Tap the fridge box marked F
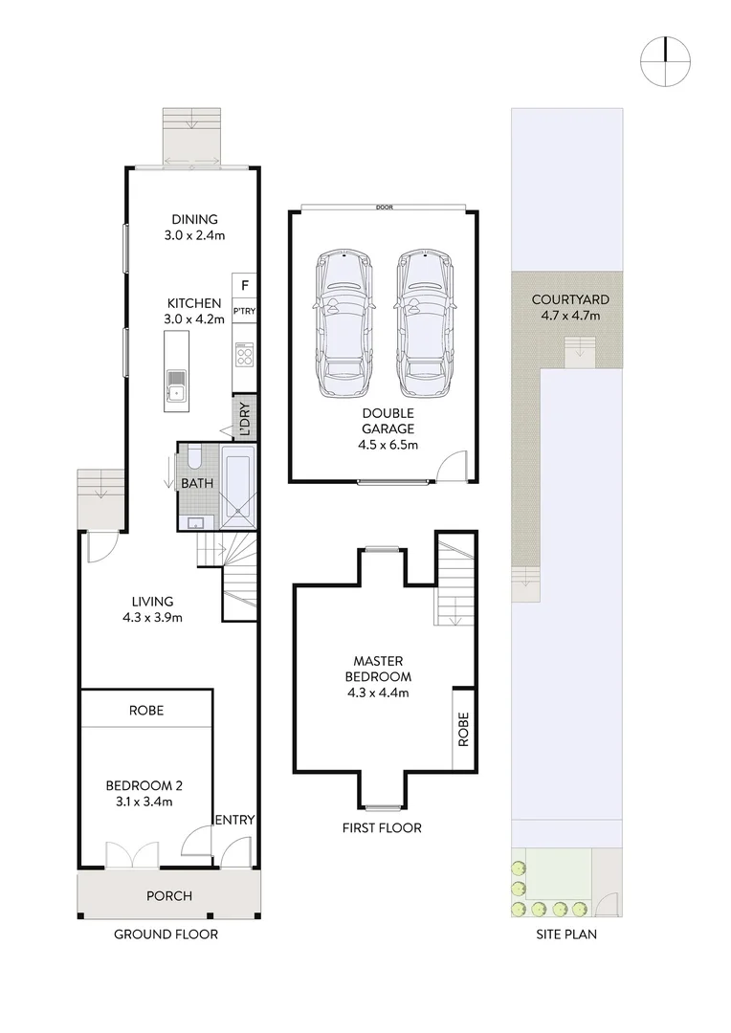[245, 285]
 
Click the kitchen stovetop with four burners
[245, 357]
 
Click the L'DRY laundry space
[245, 418]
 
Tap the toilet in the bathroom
[192, 456]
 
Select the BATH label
[197, 484]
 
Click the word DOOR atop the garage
[385, 207]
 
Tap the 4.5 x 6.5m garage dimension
[383, 445]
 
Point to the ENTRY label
[233, 820]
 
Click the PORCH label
[169, 896]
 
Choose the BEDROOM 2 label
[144, 785]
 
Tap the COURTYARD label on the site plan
[569, 299]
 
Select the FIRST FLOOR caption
[382, 827]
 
